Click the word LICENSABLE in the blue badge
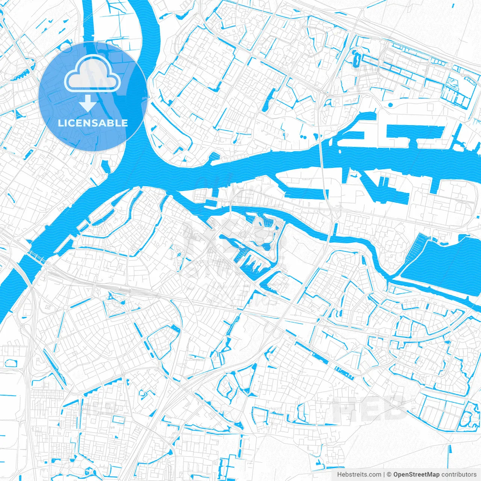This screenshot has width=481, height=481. (93, 123)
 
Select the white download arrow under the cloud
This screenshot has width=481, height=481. (88, 103)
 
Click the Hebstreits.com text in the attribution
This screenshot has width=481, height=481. (359, 474)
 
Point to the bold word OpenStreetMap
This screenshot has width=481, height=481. (416, 474)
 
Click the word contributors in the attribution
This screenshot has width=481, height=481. (459, 474)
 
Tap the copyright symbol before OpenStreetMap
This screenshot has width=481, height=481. (389, 474)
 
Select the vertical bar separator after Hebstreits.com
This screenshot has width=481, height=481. (384, 474)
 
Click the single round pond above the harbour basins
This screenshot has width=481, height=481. (390, 105)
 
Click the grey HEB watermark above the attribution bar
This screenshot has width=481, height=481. (372, 408)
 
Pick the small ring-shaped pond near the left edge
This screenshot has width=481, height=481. (11, 363)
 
